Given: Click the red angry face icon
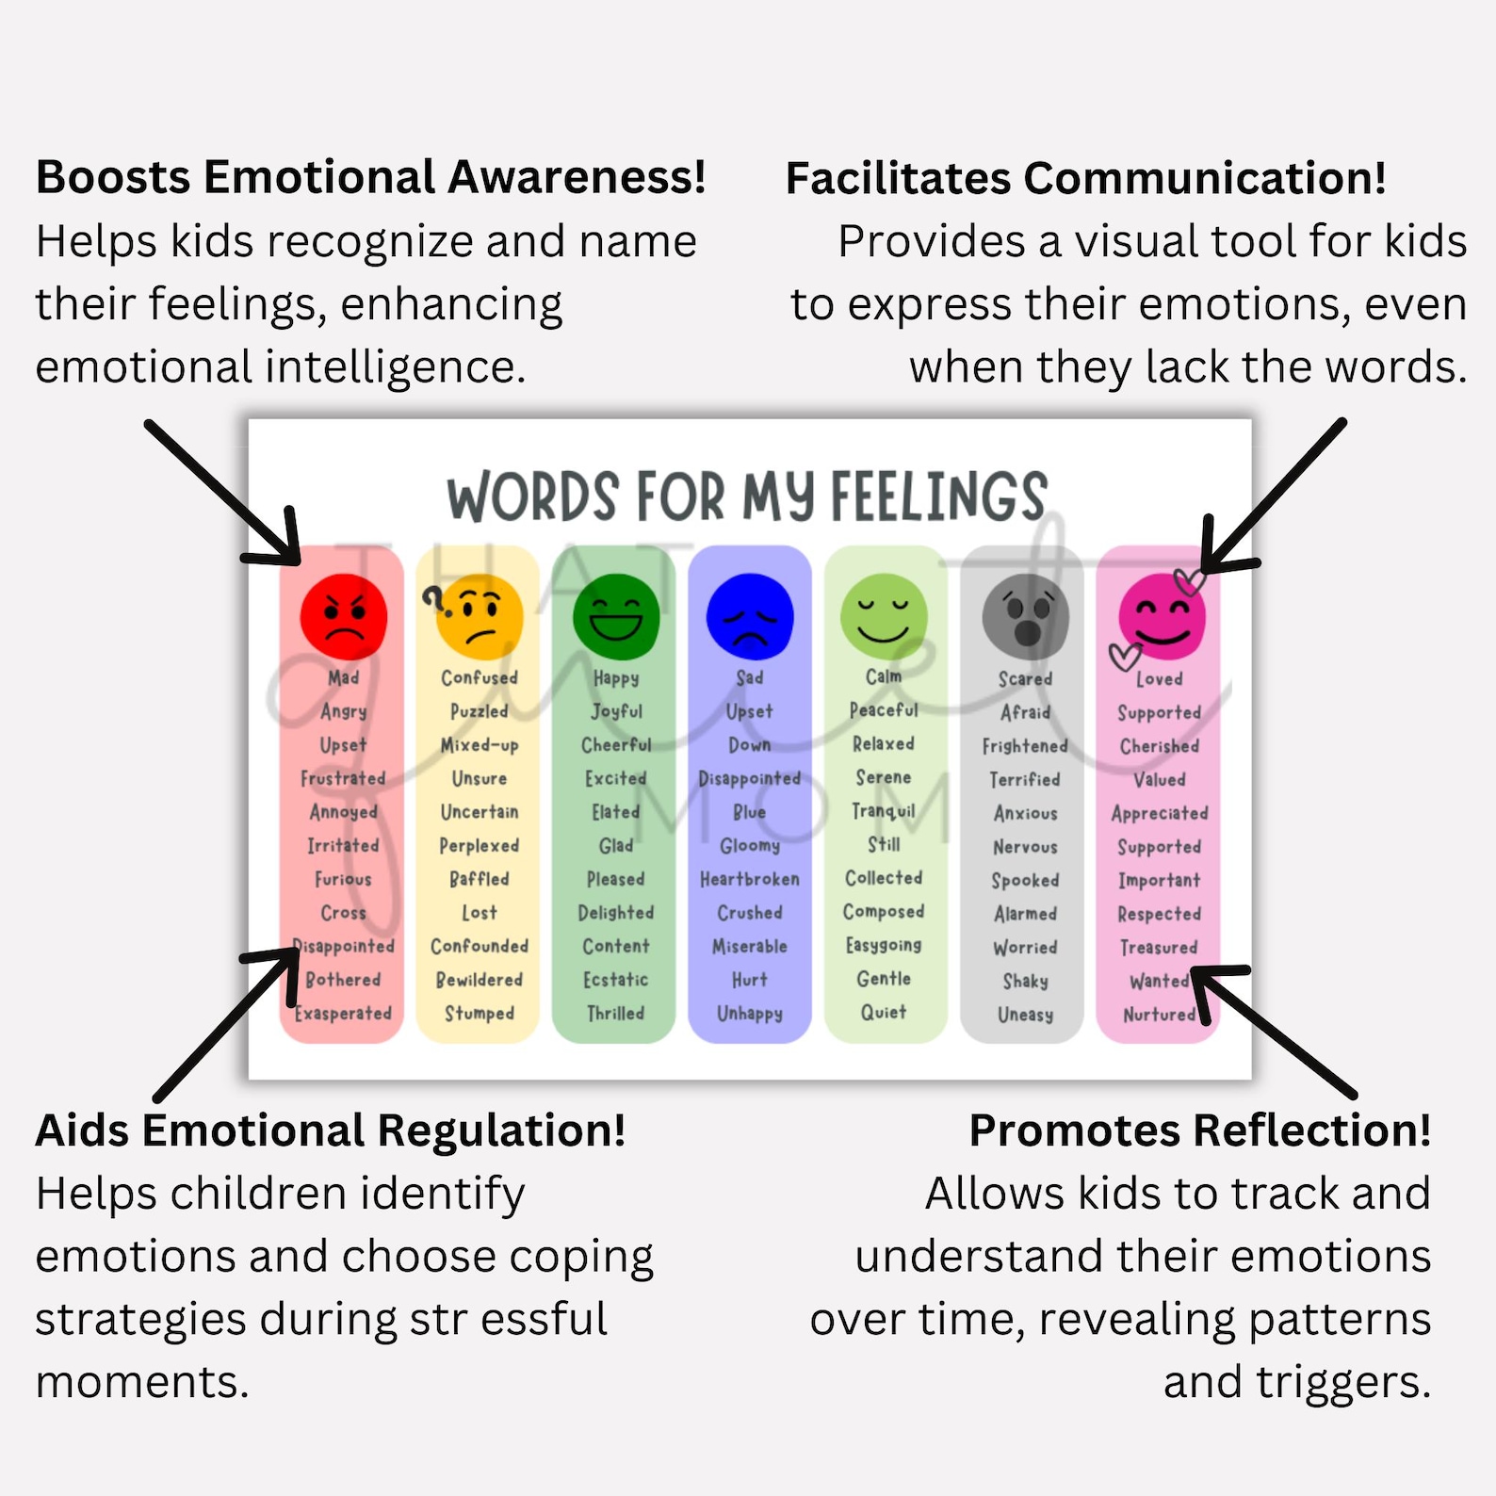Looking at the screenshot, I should point(343,617).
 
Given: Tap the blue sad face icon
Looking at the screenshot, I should point(750,617).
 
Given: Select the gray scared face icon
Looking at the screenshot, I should point(1025,617).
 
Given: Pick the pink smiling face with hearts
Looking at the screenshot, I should point(1161,617).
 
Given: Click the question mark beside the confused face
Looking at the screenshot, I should point(433,598).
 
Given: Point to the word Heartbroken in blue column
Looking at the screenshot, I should point(749,879).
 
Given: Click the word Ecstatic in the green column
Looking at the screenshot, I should point(615,980).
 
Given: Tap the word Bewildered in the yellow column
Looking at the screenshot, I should point(479,980).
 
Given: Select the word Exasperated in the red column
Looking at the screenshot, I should point(343,1014).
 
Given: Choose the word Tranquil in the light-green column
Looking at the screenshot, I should point(883,811).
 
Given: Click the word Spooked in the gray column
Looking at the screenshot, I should point(1025,880).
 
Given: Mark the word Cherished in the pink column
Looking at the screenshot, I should point(1159,746).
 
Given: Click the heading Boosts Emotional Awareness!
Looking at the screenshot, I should point(370,178).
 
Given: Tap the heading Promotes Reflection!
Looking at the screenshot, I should point(1199,1130).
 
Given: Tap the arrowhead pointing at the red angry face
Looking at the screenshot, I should point(287,551).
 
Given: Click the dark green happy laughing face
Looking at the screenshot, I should point(615,617).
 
